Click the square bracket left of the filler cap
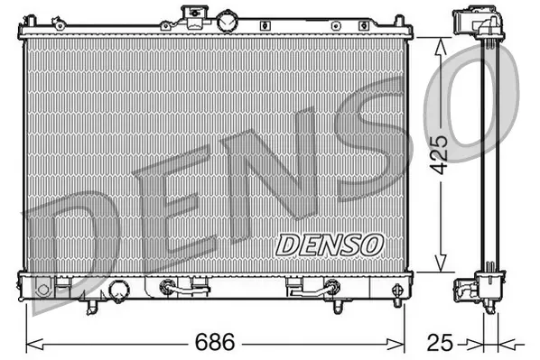tap(192, 12)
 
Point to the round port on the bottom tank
tap(117, 290)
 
